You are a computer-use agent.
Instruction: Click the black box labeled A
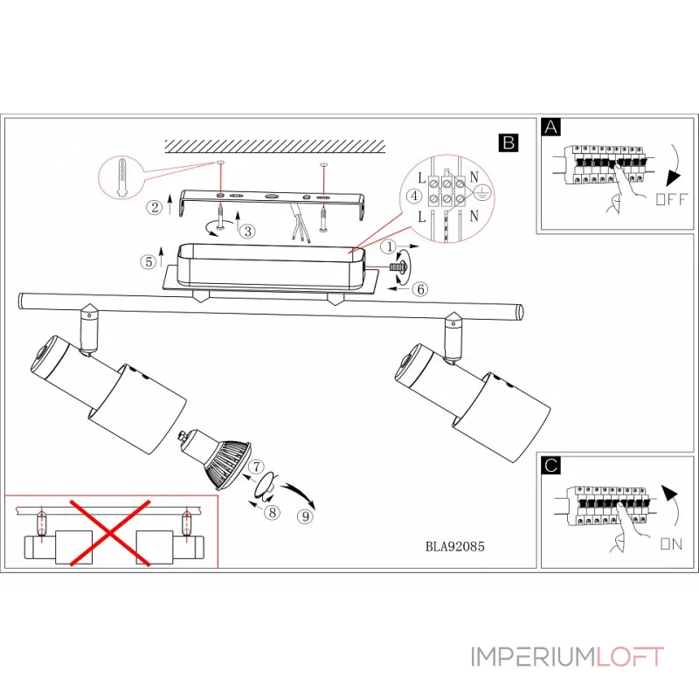pos(550,128)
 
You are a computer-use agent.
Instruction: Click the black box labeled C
pos(550,466)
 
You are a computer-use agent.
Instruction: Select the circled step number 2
pos(155,207)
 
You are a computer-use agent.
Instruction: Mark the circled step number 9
pos(305,516)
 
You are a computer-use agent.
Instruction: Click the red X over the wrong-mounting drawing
pos(110,531)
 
